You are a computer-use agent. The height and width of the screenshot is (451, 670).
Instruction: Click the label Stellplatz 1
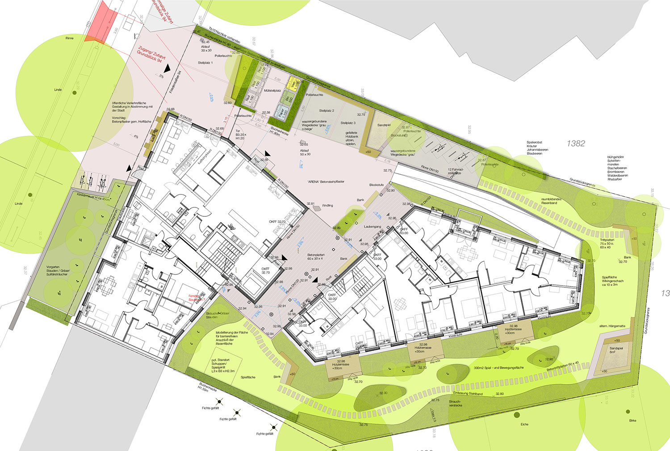[x=205, y=63]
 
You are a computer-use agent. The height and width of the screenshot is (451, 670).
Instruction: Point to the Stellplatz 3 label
[x=348, y=123]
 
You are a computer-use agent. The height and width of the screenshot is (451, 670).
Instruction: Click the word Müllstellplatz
[x=272, y=91]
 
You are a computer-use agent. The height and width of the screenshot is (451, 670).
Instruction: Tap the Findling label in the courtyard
[x=327, y=206]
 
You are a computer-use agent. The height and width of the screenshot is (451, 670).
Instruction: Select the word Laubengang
[x=373, y=227]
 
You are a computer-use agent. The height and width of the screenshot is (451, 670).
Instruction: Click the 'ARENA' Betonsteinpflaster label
[x=326, y=182]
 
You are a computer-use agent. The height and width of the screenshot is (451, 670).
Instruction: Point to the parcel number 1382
[x=576, y=143]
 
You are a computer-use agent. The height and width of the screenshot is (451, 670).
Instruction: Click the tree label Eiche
[x=524, y=424]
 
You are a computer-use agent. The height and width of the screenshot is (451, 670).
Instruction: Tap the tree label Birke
[x=632, y=421]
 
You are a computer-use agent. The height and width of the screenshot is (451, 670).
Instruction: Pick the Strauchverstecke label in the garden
[x=455, y=404]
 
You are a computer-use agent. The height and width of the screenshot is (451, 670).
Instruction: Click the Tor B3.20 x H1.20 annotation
[x=240, y=135]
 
